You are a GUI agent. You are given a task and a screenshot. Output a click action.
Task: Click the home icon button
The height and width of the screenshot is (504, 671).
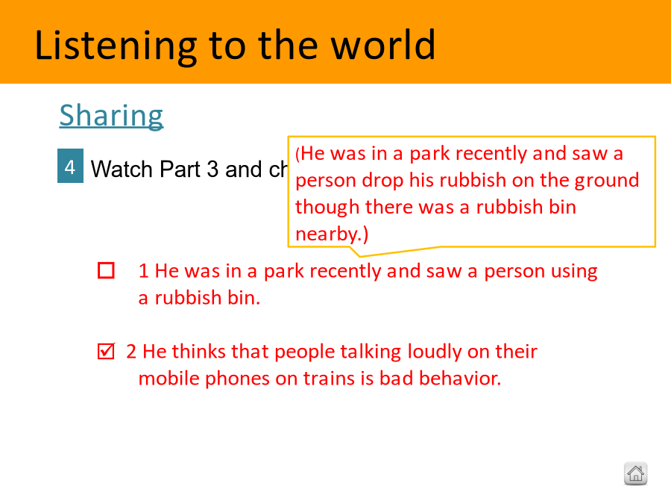pos(635,473)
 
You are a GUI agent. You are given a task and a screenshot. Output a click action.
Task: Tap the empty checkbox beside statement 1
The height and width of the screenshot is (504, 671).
pos(106,270)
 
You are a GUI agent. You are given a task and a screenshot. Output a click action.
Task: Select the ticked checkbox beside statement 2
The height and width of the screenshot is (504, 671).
pos(106,351)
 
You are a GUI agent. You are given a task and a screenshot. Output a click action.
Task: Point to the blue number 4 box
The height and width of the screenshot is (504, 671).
pos(70,166)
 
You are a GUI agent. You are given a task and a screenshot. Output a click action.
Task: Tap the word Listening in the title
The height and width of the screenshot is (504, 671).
pos(116,47)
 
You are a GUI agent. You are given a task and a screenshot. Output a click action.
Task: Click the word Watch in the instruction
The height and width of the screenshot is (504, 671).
pos(122,169)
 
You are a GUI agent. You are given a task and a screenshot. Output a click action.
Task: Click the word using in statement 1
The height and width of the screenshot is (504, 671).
pos(574,272)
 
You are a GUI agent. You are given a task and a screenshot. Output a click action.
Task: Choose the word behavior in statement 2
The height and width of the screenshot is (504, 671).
pos(459,378)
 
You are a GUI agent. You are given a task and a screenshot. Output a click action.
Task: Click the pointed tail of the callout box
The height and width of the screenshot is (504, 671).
pos(360,256)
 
